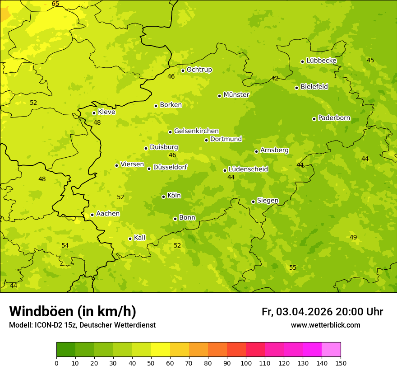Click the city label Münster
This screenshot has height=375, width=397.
236,95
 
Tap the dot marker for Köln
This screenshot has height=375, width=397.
163,197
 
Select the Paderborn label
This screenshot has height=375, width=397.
334,118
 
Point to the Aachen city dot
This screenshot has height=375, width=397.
92,215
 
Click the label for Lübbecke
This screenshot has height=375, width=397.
321,61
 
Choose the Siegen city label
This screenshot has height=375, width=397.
268,201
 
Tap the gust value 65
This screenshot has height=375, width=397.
55,4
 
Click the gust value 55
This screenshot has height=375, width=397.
293,268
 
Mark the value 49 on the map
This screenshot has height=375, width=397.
353,237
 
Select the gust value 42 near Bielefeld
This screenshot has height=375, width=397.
275,78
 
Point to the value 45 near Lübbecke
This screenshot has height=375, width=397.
370,60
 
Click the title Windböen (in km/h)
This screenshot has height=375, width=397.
73,311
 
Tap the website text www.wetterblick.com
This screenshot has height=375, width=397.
325,325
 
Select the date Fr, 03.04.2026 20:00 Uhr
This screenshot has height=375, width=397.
322,312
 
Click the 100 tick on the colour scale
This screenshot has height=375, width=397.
246,363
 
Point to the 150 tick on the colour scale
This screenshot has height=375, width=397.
341,363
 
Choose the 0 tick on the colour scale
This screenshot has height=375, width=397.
56,363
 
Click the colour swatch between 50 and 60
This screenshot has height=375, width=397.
161,350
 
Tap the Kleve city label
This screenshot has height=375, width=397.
106,112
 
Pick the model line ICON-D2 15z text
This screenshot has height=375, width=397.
82,325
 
